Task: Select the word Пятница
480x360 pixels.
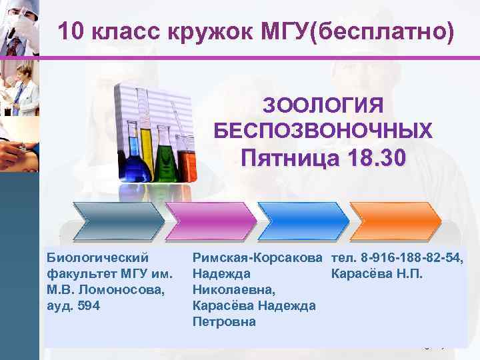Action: [286, 159]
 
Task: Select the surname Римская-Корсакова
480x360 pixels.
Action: [253, 258]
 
